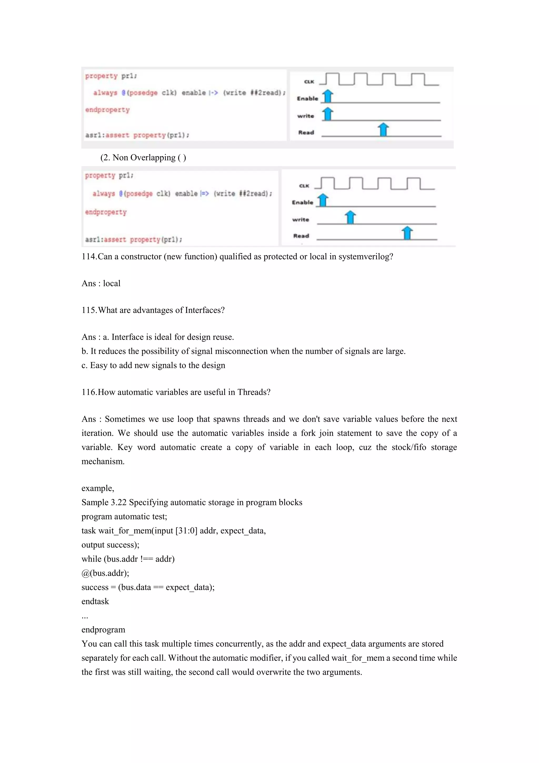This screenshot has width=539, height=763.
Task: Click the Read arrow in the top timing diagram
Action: pyautogui.click(x=383, y=129)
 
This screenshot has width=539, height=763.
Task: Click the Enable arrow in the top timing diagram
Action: pyautogui.click(x=328, y=96)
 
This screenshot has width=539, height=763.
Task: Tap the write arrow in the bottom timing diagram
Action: pyautogui.click(x=351, y=217)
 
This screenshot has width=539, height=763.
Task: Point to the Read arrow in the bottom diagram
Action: pyautogui.click(x=407, y=233)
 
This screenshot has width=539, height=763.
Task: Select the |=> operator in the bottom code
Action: pyautogui.click(x=205, y=193)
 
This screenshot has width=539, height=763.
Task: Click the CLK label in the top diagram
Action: pyautogui.click(x=309, y=82)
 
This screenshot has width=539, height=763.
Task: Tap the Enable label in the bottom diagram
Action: pyautogui.click(x=302, y=202)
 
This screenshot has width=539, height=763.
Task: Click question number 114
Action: pyautogui.click(x=89, y=257)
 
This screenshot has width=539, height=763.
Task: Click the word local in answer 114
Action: pyautogui.click(x=112, y=283)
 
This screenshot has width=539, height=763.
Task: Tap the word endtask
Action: pyautogui.click(x=95, y=601)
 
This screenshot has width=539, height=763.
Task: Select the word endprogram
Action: pyautogui.click(x=103, y=629)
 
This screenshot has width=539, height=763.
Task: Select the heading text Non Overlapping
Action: pyautogui.click(x=144, y=158)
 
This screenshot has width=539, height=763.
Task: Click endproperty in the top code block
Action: pyautogui.click(x=107, y=110)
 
